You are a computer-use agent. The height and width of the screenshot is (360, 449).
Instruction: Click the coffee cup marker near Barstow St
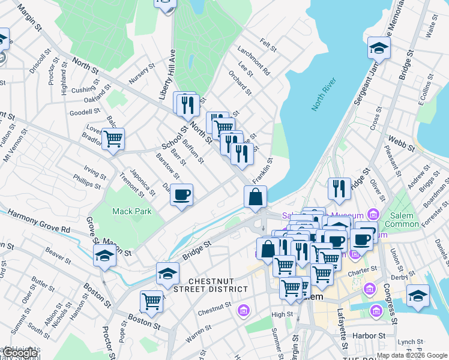[x=181, y=195]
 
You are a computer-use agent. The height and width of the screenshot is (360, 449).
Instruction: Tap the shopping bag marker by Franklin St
[x=255, y=197]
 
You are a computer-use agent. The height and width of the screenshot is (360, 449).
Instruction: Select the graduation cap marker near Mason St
[x=105, y=256]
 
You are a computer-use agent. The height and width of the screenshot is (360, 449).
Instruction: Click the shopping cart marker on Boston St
[x=152, y=301]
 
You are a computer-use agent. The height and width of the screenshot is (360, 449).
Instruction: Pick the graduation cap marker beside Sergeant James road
[x=379, y=48]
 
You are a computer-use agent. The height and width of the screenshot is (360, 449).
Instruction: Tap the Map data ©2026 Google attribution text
[x=412, y=355]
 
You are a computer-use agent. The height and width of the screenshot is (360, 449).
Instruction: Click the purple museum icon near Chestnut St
[x=243, y=310]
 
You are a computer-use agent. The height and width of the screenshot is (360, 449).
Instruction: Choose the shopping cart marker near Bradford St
[x=113, y=140]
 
